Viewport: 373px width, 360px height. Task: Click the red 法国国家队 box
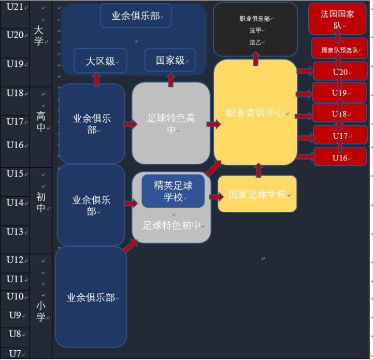pyautogui.click(x=337, y=19)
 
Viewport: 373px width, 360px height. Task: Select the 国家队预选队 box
pyautogui.click(x=339, y=50)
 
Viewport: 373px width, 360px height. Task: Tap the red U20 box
pyautogui.click(x=340, y=72)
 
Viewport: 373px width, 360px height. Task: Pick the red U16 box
pyautogui.click(x=340, y=157)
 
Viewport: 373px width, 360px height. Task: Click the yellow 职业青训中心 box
pyautogui.click(x=255, y=112)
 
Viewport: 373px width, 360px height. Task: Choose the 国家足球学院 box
pyautogui.click(x=257, y=194)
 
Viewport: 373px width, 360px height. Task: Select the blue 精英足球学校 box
pyautogui.click(x=173, y=191)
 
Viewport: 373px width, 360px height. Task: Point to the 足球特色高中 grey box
pyautogui.click(x=171, y=124)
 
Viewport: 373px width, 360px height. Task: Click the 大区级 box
pyautogui.click(x=101, y=61)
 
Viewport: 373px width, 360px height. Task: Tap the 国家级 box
pyautogui.click(x=170, y=60)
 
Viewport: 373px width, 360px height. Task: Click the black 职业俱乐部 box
pyautogui.click(x=255, y=30)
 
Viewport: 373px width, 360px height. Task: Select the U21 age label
pyautogui.click(x=15, y=7)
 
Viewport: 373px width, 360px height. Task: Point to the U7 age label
pyautogui.click(x=15, y=353)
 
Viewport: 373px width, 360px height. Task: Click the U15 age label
pyautogui.click(x=15, y=174)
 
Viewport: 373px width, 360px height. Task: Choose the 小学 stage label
pyautogui.click(x=40, y=311)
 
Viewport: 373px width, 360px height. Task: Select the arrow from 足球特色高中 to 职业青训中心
pyautogui.click(x=212, y=124)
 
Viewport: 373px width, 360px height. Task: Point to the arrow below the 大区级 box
pyautogui.click(x=96, y=79)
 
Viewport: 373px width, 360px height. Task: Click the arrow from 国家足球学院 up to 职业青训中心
pyautogui.click(x=258, y=170)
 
